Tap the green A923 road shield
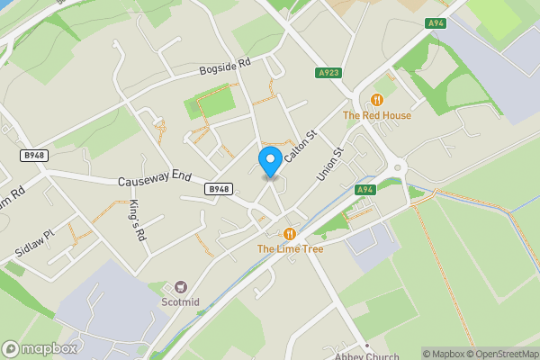[x=329, y=73]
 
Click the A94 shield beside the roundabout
[x=364, y=190]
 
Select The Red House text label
[x=377, y=115]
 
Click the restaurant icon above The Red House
[x=377, y=99]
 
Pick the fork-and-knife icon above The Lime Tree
[x=290, y=233]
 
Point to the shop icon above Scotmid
[x=180, y=285]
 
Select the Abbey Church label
[x=366, y=355]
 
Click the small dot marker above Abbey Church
[x=366, y=345]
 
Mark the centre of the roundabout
[x=396, y=166]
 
